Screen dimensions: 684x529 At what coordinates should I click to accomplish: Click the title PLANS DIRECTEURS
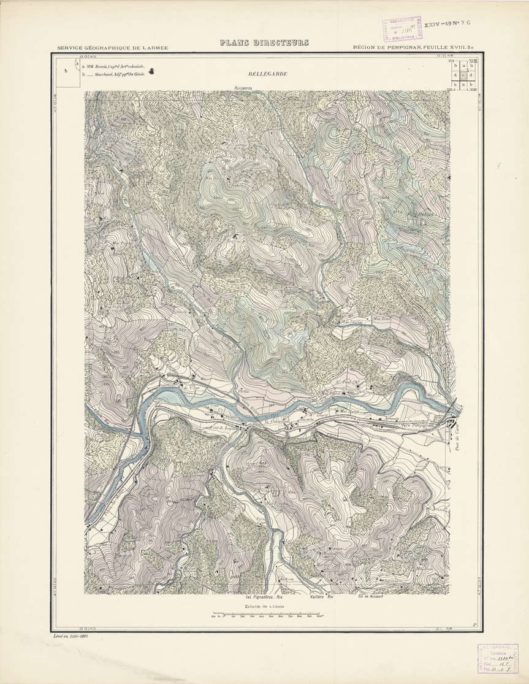pos(264,43)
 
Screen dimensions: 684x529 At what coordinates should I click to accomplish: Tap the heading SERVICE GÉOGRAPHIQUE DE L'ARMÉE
pos(112,48)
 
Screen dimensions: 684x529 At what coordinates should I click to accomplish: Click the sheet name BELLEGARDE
pos(267,74)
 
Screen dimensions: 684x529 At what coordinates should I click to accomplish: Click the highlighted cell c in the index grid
pos(463,75)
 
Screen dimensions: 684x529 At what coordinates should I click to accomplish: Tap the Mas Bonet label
pos(382,319)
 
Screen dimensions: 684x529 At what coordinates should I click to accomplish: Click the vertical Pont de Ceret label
pos(460,437)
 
